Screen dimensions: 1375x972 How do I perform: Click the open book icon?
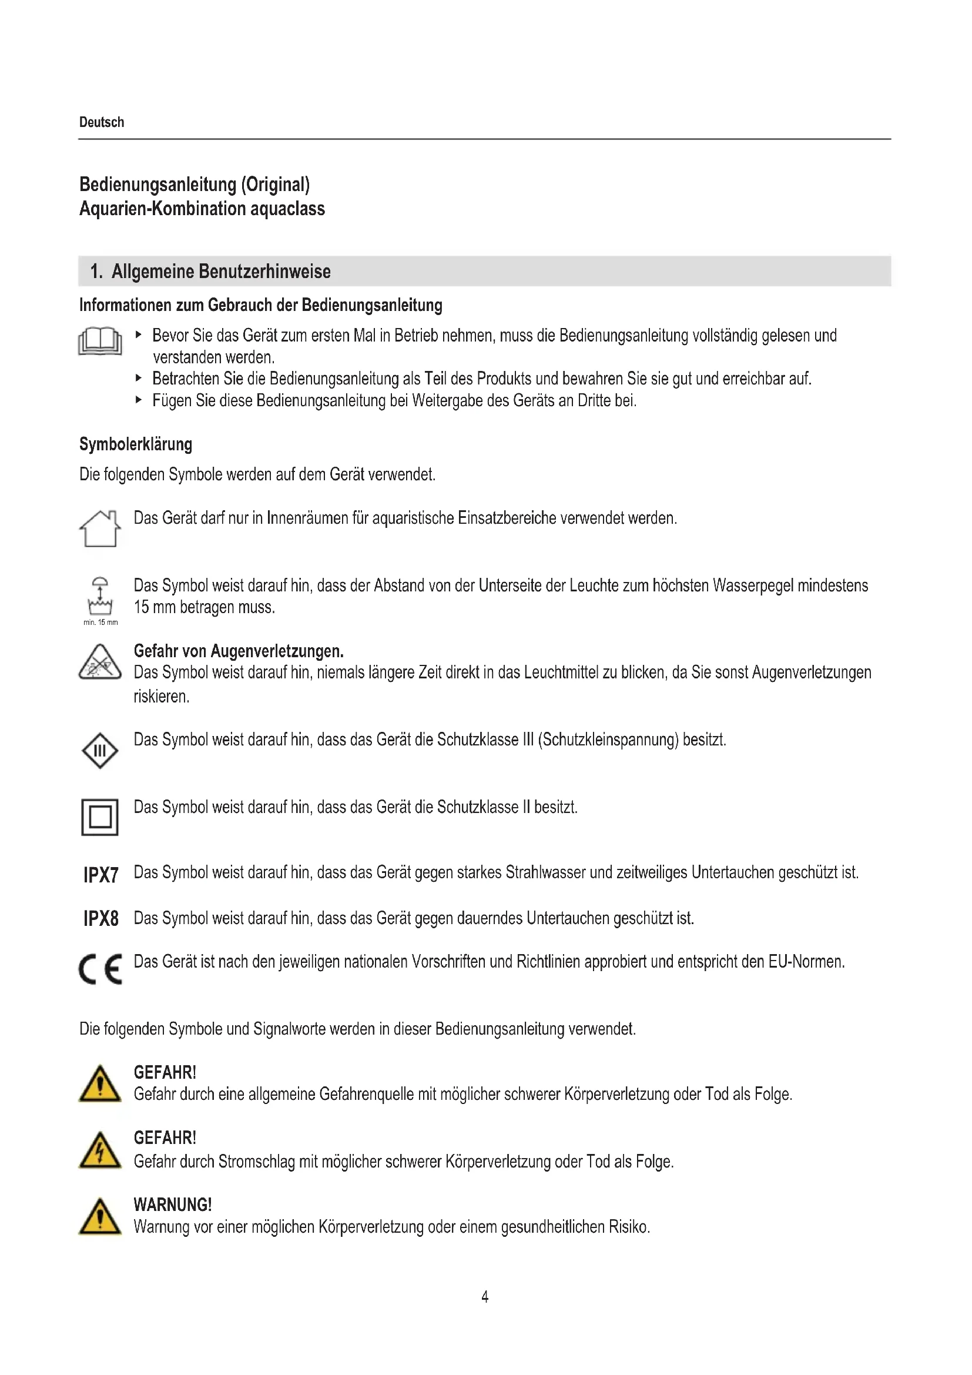coord(100,342)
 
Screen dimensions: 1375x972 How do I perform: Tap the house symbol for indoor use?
coord(100,528)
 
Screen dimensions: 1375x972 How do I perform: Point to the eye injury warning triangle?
coord(100,663)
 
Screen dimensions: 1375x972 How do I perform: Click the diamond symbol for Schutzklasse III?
coord(100,750)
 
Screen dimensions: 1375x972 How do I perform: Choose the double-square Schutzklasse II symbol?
coord(100,817)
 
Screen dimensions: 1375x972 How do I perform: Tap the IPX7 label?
coord(100,875)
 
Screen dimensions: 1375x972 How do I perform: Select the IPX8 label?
coord(100,918)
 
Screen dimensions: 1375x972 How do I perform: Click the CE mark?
coord(100,968)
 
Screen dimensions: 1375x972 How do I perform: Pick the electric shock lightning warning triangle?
coord(100,1151)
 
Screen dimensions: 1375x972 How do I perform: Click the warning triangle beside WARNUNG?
coord(100,1217)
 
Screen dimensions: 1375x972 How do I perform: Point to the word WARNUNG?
coord(172,1205)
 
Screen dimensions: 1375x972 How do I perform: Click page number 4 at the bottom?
coord(485,1297)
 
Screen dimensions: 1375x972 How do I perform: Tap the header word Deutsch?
coord(102,122)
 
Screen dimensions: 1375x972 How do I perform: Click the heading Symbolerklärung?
coord(136,444)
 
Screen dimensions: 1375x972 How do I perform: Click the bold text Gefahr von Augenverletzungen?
coord(239,651)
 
